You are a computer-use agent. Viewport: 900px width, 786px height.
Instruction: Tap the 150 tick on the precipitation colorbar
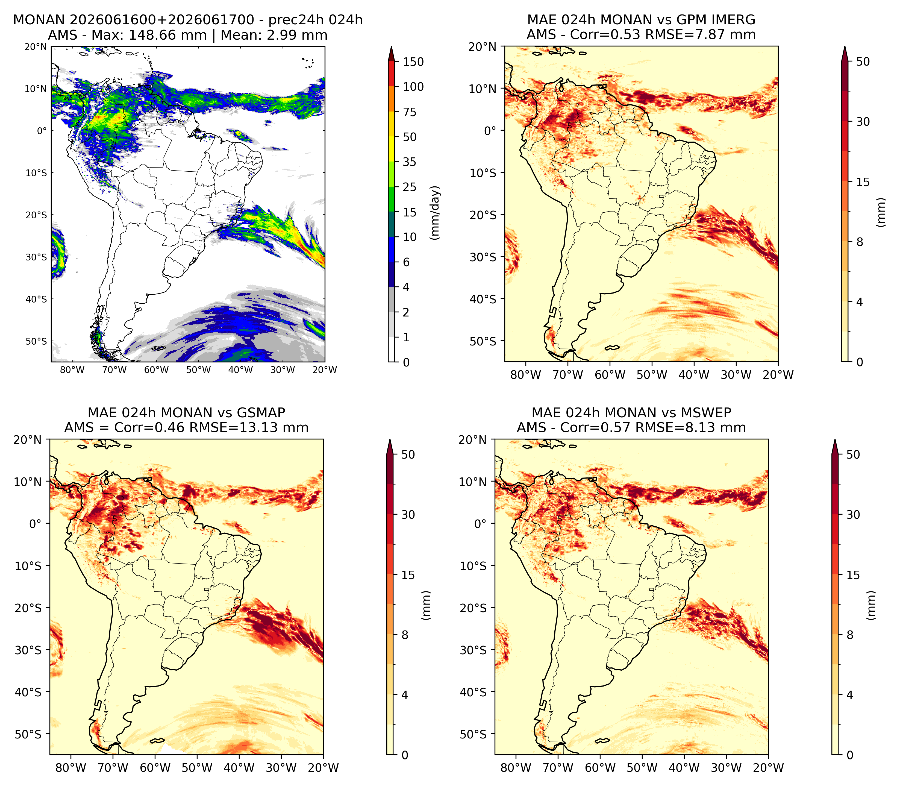413,62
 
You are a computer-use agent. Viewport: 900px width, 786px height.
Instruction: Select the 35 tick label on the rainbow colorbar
410,162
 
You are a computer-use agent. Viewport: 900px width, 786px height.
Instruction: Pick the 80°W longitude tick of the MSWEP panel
516,768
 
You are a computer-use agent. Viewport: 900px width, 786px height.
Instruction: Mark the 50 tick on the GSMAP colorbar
408,454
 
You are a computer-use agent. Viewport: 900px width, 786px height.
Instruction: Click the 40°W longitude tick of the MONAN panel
240,370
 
